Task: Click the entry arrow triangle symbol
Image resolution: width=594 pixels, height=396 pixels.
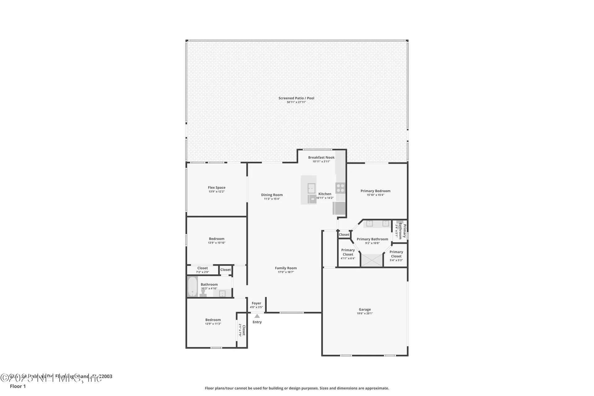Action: point(257,316)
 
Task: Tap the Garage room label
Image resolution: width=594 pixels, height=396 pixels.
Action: point(365,309)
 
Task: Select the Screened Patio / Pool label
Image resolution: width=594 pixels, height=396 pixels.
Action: point(296,98)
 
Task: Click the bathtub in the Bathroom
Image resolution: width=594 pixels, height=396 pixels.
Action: point(192,286)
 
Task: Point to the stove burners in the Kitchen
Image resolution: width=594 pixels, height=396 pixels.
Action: point(340,188)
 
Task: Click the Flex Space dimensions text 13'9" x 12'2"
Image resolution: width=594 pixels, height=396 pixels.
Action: point(217,192)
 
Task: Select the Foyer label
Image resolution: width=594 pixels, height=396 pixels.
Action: point(256,303)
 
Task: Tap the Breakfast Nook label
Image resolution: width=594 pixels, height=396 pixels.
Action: point(321,157)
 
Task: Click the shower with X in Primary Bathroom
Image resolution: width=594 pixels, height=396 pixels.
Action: point(372,260)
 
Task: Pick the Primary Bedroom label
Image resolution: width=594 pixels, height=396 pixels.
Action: point(375,191)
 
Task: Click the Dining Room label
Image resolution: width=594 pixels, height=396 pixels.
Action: point(272,195)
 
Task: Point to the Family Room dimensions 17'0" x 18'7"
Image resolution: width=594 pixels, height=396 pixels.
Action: point(286,272)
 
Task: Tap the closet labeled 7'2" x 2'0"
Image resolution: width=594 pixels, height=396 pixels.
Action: point(203,270)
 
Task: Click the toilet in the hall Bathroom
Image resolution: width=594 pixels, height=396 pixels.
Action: point(203,293)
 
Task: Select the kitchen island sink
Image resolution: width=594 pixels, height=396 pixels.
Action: point(311,188)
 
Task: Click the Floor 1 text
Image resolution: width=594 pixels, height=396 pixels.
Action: point(18,386)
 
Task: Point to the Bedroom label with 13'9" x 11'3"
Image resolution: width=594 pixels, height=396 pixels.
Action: point(213,320)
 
